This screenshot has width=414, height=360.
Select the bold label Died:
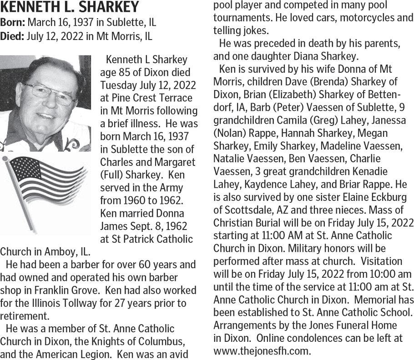(12, 35)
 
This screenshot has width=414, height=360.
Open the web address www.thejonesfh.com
(262, 351)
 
